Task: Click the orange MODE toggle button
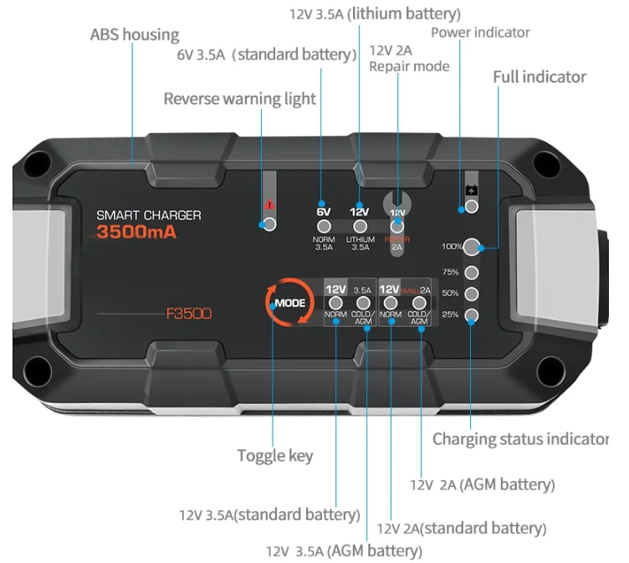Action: (289, 302)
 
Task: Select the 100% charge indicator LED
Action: (472, 247)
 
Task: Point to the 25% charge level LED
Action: (472, 315)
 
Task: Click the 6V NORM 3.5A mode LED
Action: (324, 226)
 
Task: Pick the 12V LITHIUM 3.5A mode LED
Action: (361, 226)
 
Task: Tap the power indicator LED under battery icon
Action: (472, 207)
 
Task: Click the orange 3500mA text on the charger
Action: (137, 233)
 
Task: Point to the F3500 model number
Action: (188, 315)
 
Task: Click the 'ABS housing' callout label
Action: (135, 34)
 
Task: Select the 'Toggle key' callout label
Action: (275, 455)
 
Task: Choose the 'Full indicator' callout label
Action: (540, 77)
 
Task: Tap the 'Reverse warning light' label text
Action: (239, 99)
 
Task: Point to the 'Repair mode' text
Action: (409, 66)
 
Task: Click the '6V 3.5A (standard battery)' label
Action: (266, 54)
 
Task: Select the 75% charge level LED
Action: (472, 272)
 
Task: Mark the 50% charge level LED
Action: (472, 294)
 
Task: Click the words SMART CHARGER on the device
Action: (149, 215)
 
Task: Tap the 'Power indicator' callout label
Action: (480, 33)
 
